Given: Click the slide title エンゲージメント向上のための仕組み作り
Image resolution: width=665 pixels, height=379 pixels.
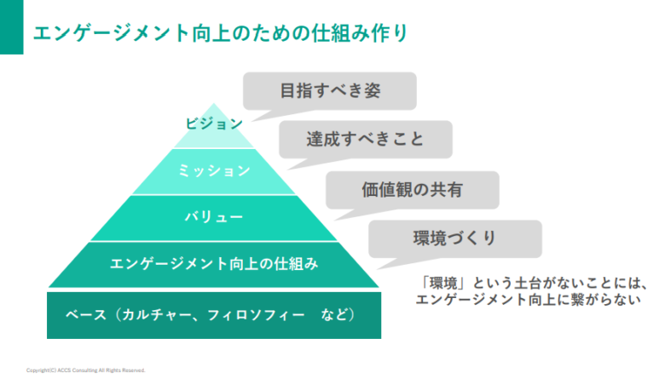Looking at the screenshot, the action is pos(220,33).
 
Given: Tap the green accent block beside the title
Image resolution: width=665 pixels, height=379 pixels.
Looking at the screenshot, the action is pos(11,27).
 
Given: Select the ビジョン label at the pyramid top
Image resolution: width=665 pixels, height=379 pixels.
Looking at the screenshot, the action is pos(214,123).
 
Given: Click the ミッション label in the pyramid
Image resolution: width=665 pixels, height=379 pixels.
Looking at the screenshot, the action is pos(214,170).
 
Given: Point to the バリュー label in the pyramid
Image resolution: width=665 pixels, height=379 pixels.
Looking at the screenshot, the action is pos(214,217).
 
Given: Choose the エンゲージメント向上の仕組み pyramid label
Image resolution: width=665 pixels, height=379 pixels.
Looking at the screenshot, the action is pos(214,264).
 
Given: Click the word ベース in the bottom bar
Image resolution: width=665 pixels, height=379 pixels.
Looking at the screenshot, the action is pos(85,315).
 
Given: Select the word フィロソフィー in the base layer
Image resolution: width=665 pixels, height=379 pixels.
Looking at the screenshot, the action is pos(256,315).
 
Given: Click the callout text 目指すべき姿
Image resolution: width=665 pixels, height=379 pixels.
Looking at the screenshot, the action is pos(331,90).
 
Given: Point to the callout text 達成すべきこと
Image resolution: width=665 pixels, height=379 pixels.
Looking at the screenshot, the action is pos(365,139).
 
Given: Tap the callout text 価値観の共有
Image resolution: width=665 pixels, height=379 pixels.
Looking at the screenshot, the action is pos(412,190).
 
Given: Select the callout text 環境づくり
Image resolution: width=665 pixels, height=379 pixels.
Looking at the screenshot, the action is pos(454,238).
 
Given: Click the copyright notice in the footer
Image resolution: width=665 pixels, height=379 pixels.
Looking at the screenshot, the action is pos(85,370).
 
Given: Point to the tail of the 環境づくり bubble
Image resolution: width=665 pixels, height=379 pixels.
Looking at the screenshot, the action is pos(387,263).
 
